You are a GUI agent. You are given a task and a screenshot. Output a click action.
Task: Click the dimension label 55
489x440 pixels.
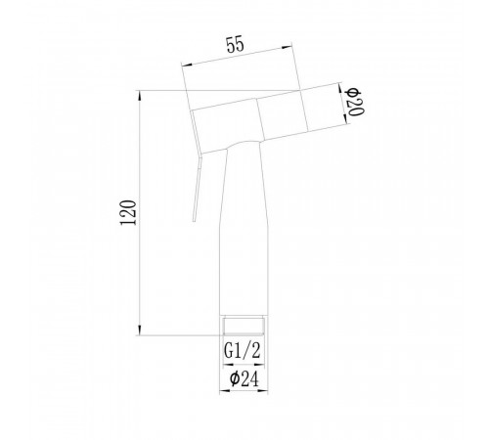pos(235,44)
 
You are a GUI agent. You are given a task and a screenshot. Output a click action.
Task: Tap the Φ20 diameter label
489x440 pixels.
pos(355,102)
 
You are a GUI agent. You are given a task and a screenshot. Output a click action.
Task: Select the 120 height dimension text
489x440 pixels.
pos(128,212)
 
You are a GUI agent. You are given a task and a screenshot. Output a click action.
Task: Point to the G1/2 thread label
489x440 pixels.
pos(243,351)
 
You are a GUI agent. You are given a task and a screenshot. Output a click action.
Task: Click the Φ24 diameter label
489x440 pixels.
pos(244,378)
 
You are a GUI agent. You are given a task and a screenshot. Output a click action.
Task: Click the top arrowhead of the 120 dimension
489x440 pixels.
pos(140,96)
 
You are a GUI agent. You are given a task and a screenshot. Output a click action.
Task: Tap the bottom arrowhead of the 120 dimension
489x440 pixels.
pos(140,330)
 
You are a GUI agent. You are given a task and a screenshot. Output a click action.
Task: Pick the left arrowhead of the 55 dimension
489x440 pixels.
pos(187,65)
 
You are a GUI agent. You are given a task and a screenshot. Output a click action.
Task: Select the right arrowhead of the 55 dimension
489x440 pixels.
pos(287,48)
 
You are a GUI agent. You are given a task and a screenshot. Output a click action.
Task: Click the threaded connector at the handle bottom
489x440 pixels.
pos(244,326)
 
